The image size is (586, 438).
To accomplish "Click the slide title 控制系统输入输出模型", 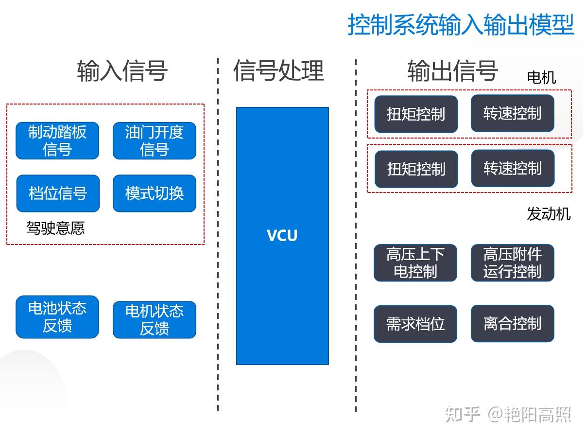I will point(461,24).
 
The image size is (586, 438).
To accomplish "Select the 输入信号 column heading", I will point(122,70).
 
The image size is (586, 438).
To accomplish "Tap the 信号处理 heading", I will point(278,70).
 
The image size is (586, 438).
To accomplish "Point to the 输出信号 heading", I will point(452,70).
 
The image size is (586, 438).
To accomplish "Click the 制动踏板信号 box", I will point(57,140).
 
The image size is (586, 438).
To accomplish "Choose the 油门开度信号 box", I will point(155,140).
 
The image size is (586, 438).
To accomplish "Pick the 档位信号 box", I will point(58,193).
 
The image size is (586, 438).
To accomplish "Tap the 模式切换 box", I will point(155,193).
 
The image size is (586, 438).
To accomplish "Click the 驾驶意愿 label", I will point(55,228).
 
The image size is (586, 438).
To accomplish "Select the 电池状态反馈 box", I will point(57,317).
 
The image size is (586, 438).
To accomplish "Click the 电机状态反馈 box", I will point(155,320).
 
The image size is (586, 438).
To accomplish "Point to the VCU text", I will point(282,236).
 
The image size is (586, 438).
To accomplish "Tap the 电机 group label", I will point(541,77).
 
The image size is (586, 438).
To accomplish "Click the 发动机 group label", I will point(549,214).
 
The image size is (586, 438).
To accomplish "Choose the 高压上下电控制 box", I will point(415,263).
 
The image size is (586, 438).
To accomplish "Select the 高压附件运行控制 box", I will point(513,263).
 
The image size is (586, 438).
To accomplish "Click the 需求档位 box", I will point(415,324).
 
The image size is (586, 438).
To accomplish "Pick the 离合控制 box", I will point(513,323).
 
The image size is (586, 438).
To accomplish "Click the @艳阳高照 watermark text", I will point(530,415).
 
